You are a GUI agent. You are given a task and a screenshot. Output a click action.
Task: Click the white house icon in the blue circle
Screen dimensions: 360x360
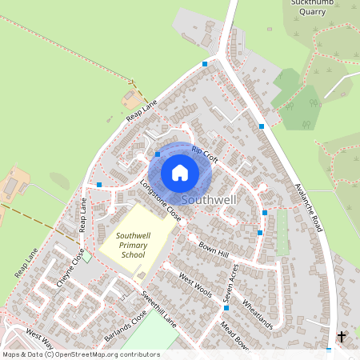pyautogui.click(x=180, y=172)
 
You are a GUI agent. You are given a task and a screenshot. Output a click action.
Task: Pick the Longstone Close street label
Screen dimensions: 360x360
pyautogui.click(x=161, y=200)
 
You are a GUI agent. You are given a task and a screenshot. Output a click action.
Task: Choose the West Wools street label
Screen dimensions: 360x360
pyautogui.click(x=195, y=286)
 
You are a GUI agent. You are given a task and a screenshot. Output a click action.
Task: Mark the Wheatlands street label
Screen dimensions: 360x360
pyautogui.click(x=257, y=315)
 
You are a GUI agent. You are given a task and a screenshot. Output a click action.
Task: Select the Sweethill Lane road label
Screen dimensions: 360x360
pyautogui.click(x=159, y=305)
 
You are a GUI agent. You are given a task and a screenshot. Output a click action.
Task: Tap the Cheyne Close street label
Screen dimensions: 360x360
pyautogui.click(x=70, y=268)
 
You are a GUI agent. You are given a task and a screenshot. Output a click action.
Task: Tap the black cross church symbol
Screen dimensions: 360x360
pyautogui.click(x=342, y=337)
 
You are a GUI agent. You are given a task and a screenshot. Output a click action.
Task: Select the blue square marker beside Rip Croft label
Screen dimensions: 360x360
pyautogui.click(x=158, y=154)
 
